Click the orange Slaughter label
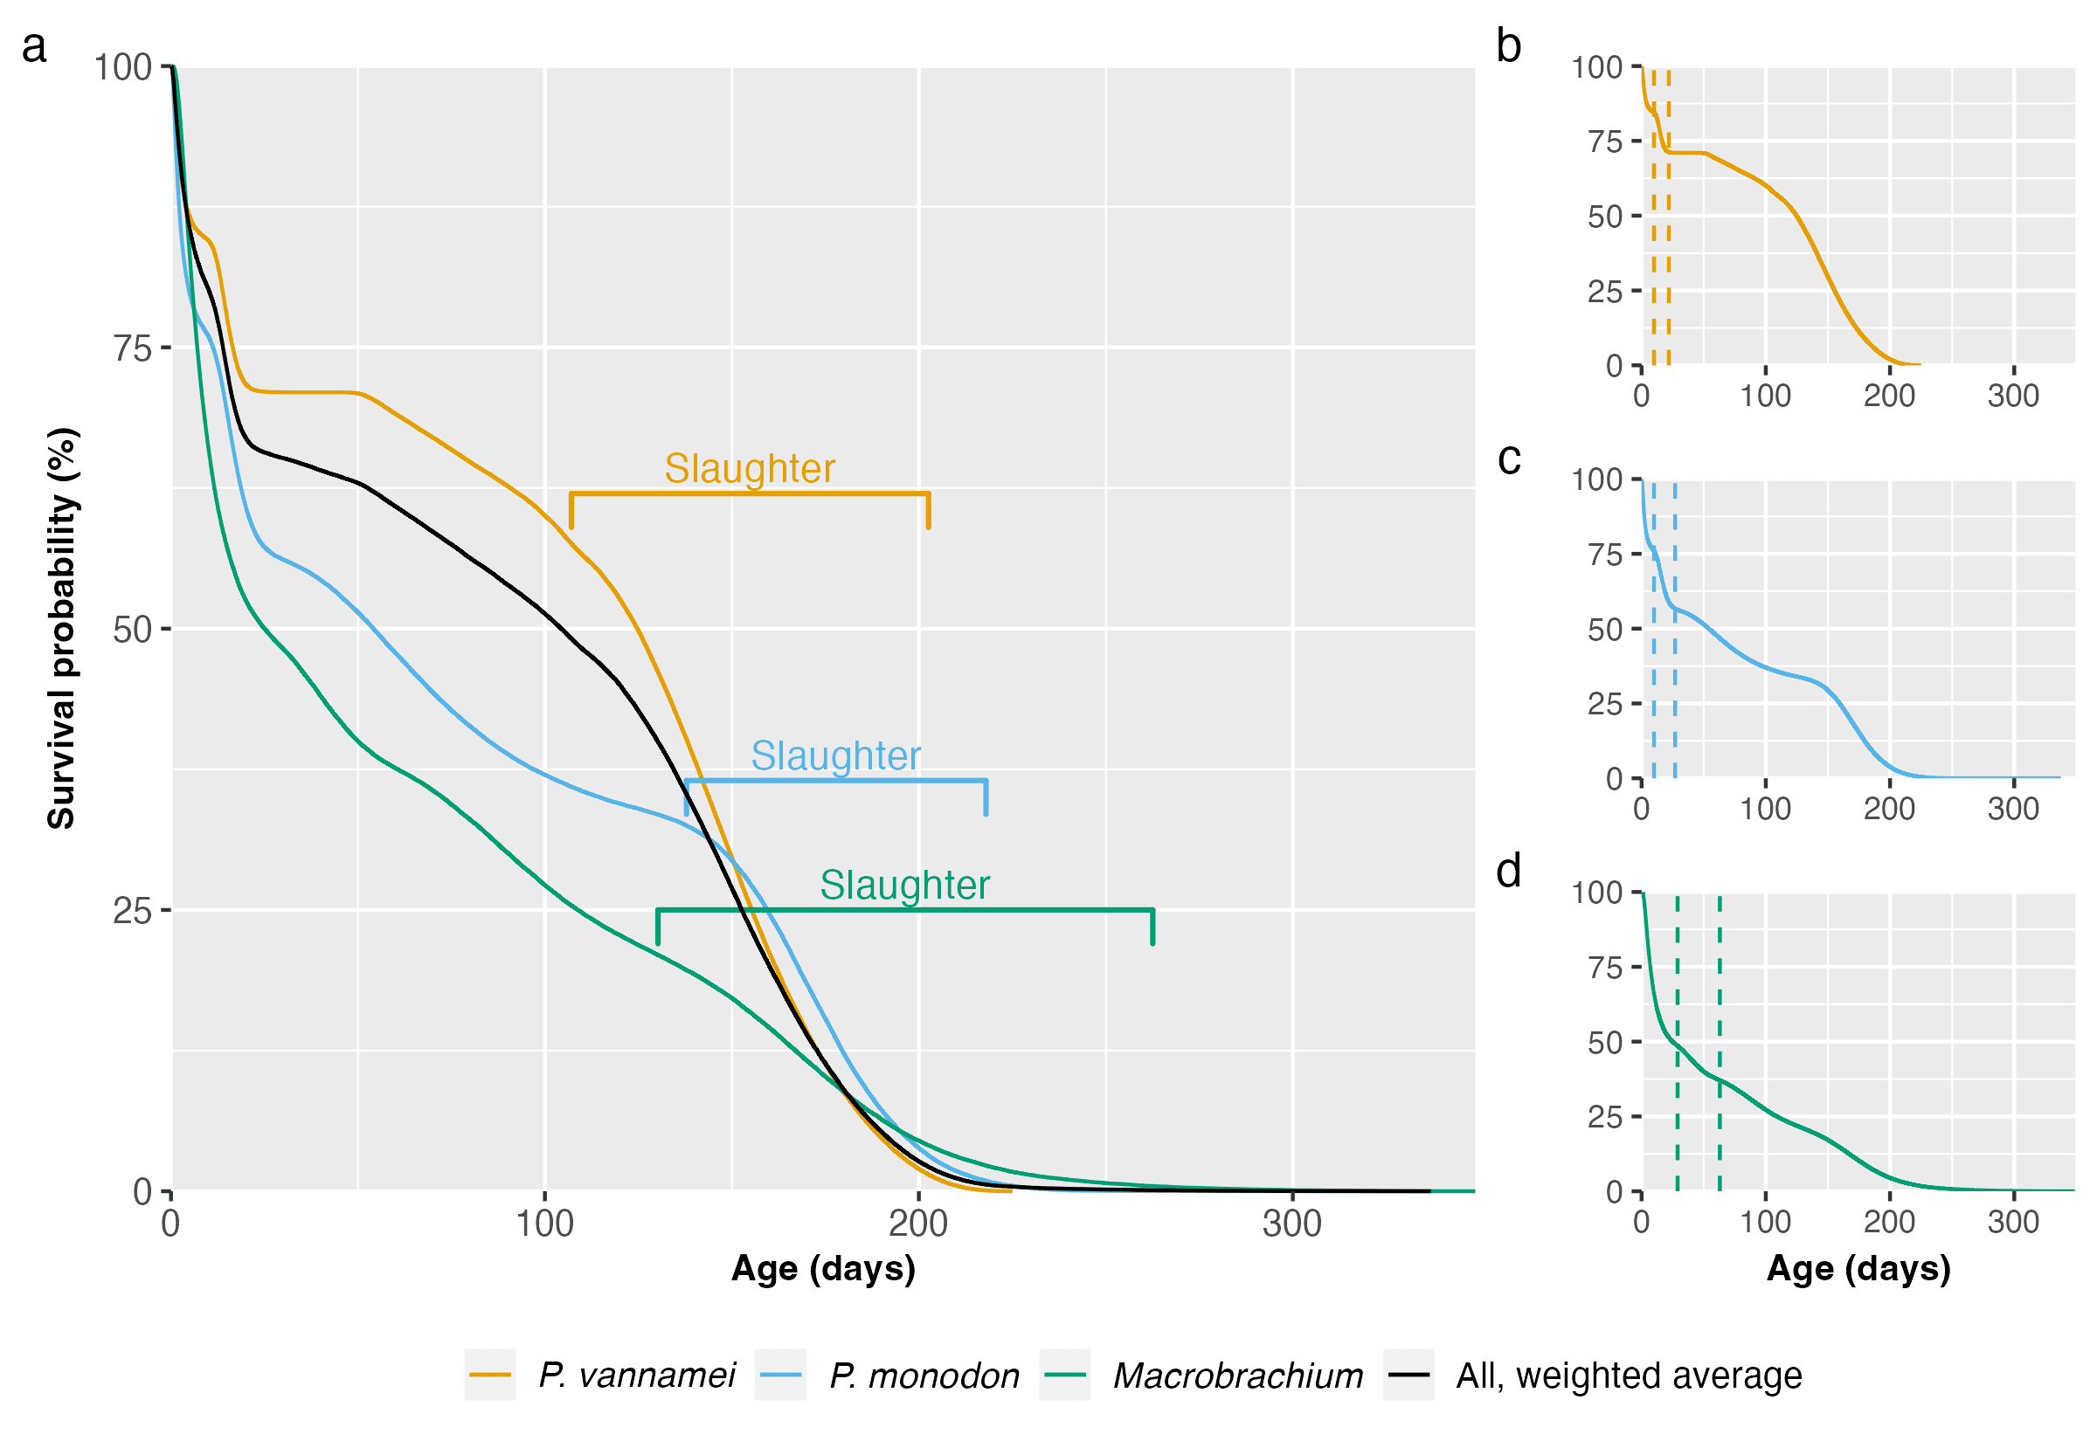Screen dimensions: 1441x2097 pos(750,469)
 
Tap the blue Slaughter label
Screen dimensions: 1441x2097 pos(835,755)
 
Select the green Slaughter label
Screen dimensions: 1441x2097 pos(904,885)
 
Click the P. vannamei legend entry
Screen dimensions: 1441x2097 pos(636,1375)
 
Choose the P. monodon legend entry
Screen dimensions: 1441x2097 pos(923,1375)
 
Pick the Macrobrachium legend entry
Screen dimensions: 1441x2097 pos(1237,1375)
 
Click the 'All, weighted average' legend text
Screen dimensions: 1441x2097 pos(1629,1375)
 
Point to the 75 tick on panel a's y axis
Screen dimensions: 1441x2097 pos(132,348)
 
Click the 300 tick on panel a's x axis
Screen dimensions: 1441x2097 pos(1291,1224)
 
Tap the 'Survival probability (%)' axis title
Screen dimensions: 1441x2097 pos(61,629)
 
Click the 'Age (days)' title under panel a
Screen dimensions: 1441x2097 pos(823,1269)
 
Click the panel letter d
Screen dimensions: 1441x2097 pos(1508,872)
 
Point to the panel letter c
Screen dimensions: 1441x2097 pos(1508,458)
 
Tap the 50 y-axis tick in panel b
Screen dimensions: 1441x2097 pos(1605,217)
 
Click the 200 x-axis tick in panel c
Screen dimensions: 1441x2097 pos(1889,808)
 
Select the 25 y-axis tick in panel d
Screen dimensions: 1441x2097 pos(1605,1118)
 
